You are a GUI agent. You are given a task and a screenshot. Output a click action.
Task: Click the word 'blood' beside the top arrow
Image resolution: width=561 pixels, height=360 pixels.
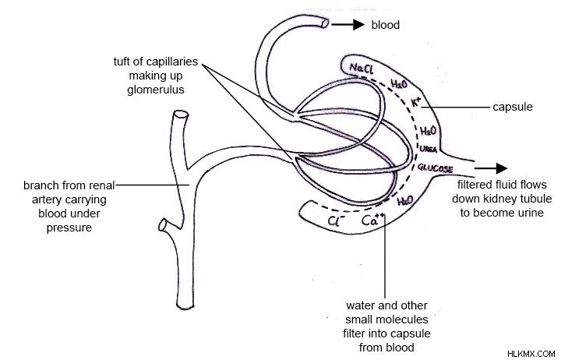coord(386,25)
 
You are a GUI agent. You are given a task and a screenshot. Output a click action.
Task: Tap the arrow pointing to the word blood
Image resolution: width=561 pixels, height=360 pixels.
coord(348,24)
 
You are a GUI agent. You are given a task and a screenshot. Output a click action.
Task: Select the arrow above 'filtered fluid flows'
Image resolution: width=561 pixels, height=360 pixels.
coord(491,168)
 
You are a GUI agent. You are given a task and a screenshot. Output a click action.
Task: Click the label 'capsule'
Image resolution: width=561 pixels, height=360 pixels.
coord(513,107)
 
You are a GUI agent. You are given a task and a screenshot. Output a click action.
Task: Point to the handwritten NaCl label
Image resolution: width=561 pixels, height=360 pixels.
coord(362,68)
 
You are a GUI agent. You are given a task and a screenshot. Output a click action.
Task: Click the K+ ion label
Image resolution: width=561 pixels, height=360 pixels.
coord(416,102)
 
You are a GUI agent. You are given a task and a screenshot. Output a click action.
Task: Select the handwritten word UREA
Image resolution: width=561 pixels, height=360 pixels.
coord(429,149)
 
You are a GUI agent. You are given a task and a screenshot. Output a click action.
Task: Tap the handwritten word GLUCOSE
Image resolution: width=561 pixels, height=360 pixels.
coord(436,168)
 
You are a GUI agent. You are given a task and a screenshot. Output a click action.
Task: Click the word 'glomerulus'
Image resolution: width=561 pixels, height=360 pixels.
coord(156,90)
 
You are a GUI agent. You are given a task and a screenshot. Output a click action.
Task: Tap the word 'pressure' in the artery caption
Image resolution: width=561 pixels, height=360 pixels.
coord(69,228)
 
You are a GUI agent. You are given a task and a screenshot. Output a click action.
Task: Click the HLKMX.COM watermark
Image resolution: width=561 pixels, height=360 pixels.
coord(531,354)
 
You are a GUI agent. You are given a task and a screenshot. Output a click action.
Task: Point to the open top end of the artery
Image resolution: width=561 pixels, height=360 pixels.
coord(181,115)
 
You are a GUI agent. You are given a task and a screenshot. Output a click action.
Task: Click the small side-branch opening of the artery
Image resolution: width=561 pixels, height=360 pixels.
coord(163,225)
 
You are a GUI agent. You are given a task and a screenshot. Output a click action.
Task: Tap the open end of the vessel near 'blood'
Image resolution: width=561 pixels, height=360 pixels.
coord(325,23)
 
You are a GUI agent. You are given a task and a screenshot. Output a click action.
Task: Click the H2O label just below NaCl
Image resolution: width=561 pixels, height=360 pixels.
coord(399,84)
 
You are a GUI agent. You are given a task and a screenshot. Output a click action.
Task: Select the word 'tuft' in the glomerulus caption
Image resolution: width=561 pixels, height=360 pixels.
coord(122,62)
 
